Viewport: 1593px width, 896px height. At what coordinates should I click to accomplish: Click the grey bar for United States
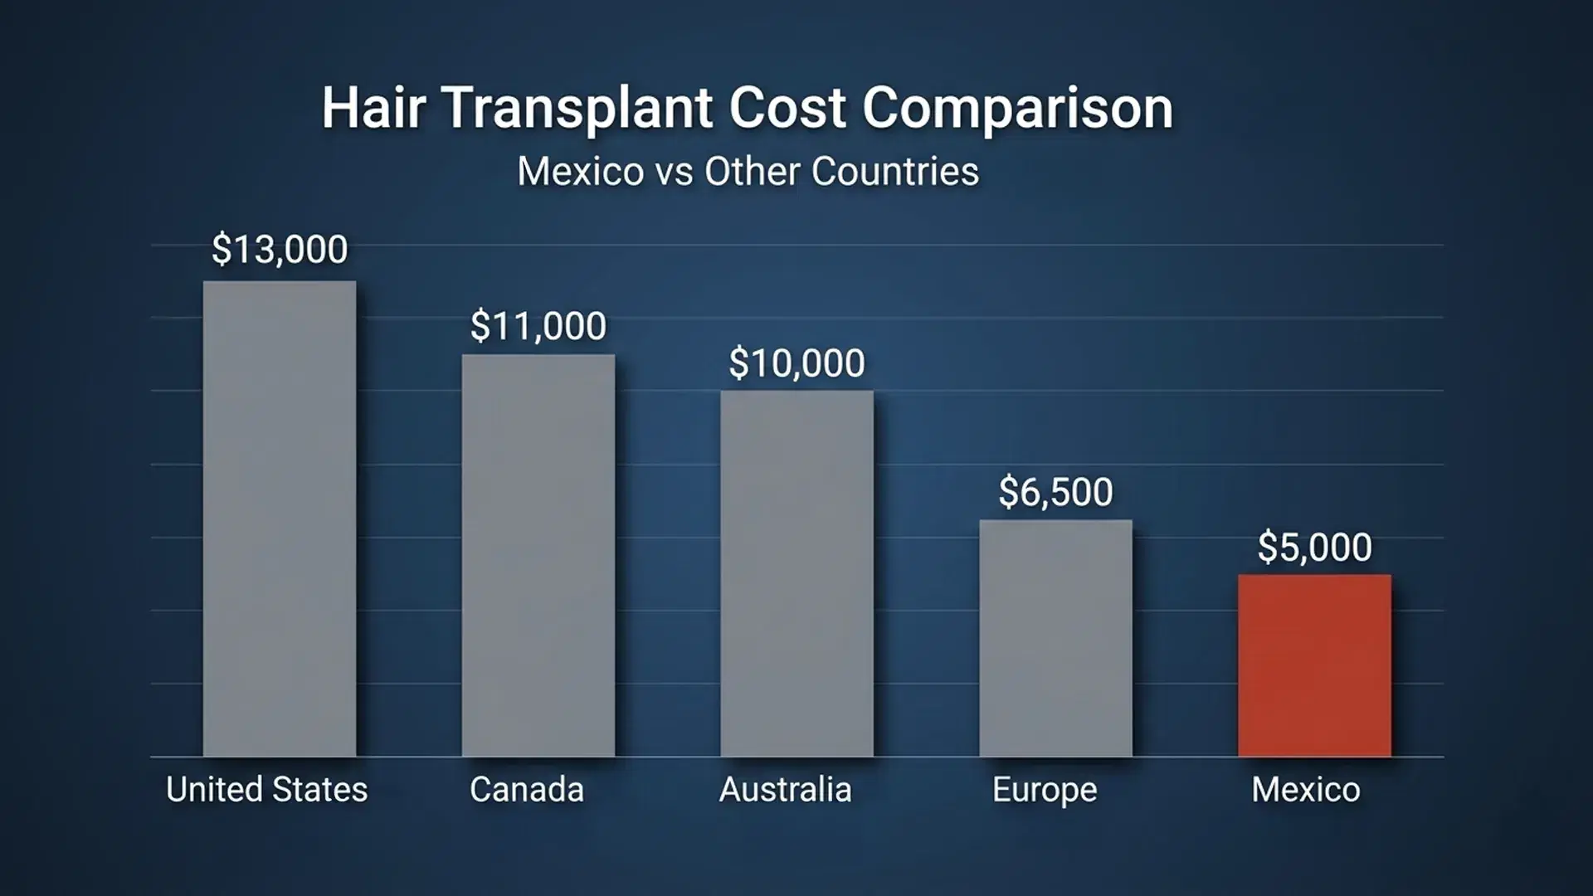280,519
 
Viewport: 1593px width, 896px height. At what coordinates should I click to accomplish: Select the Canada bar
538,556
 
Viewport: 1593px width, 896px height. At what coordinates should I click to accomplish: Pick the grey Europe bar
1055,638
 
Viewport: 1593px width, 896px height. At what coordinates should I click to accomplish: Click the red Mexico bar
1314,665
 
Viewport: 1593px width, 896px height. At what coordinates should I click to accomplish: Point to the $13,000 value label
280,250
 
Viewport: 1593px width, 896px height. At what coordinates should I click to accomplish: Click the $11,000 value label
538,326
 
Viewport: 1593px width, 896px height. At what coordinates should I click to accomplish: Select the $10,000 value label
796,363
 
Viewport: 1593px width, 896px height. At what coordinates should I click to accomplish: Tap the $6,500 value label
1055,492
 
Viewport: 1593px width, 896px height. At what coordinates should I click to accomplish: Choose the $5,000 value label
1314,548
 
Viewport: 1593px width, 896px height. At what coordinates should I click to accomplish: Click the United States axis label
266,789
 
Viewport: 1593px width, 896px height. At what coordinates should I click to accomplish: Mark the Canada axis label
527,789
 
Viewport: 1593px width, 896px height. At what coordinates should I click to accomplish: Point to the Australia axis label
785,789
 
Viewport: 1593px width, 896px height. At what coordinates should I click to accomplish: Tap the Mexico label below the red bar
1306,789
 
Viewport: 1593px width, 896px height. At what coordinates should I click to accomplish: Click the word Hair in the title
373,108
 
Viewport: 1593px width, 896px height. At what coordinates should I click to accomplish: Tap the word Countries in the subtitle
894,172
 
